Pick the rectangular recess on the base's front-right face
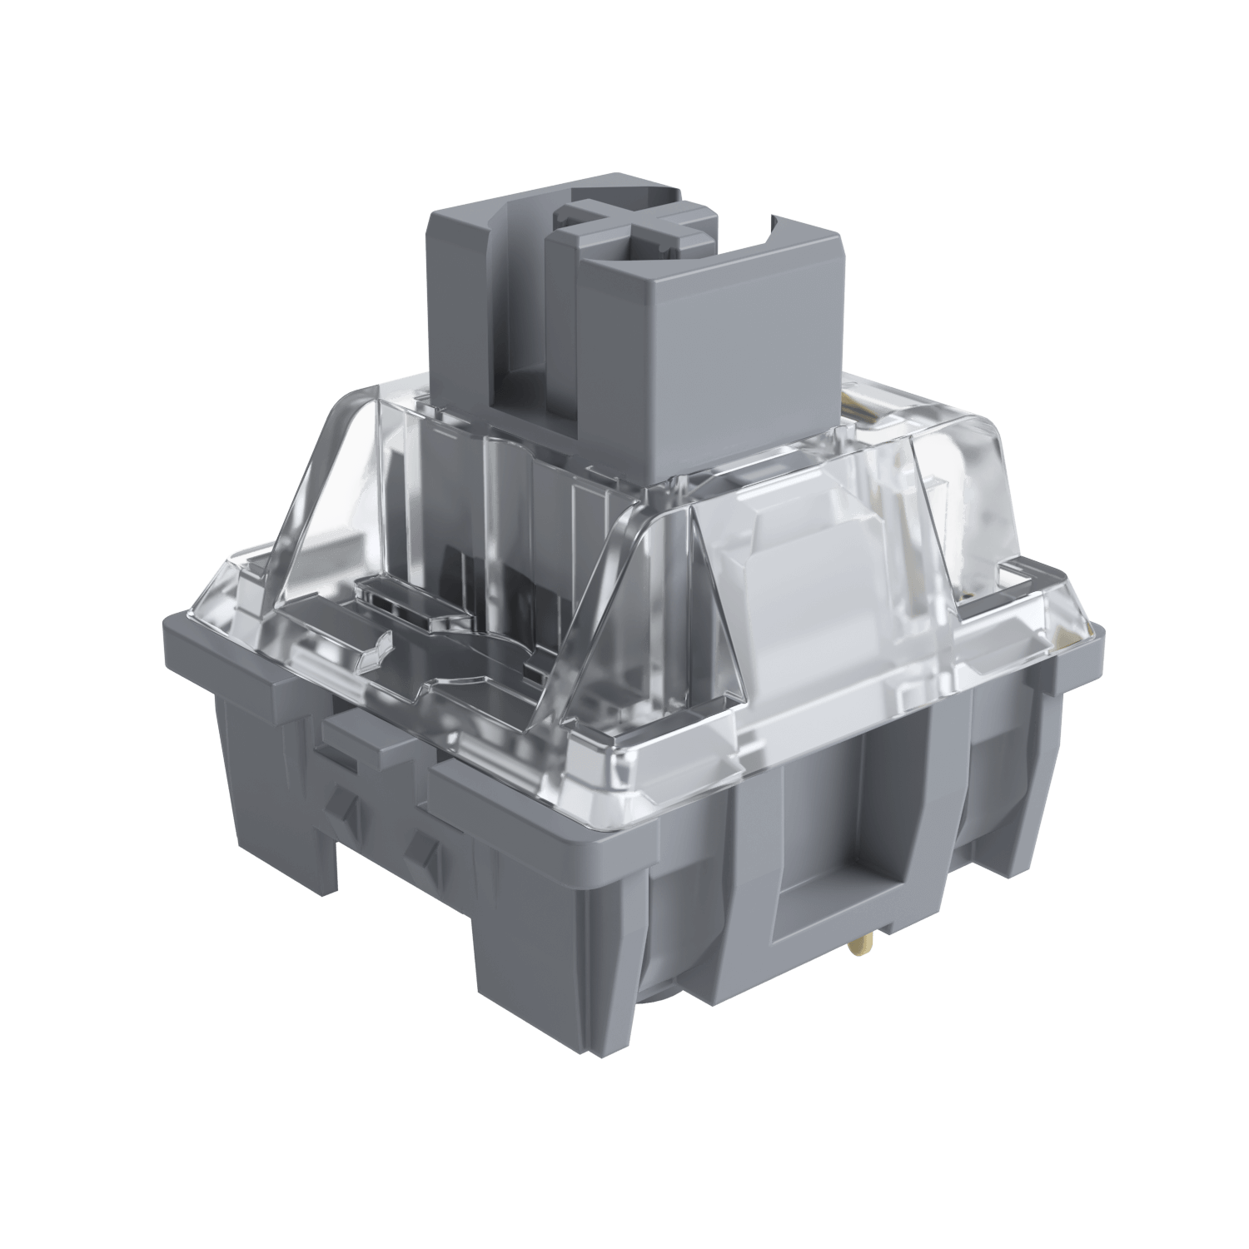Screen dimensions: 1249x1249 pos(841,866)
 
